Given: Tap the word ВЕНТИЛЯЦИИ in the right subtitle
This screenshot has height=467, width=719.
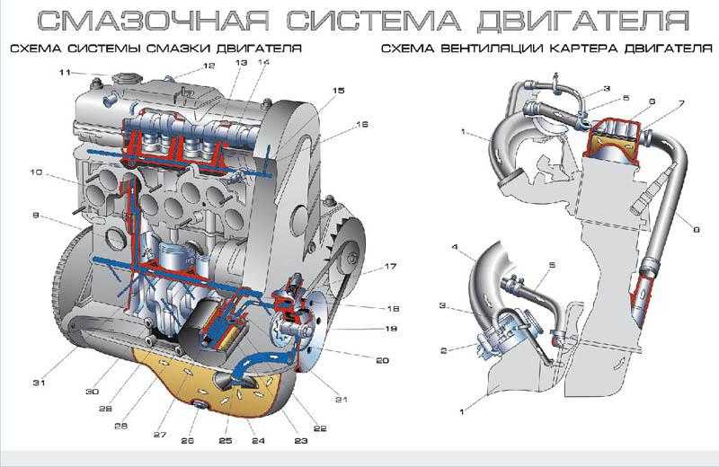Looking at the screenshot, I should [x=485, y=48].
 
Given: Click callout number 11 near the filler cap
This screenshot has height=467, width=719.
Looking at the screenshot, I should [x=65, y=72].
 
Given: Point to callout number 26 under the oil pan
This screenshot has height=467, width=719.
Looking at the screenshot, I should [x=187, y=440].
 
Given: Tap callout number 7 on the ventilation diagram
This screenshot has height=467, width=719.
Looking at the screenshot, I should [x=681, y=104].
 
